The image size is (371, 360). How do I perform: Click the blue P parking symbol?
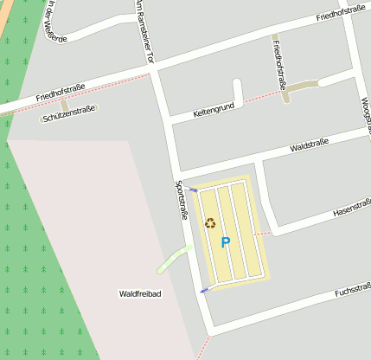(x=225, y=243)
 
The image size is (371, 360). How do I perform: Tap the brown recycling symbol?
(x=210, y=223)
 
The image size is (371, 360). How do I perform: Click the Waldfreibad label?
(x=140, y=294)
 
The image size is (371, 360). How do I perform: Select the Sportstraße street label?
(x=182, y=200)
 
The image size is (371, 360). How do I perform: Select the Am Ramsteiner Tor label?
(x=144, y=32)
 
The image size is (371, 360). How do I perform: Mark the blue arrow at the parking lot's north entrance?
(x=194, y=190)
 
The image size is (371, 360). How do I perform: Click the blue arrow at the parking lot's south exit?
(x=204, y=290)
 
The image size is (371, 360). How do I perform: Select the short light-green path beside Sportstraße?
(x=174, y=258)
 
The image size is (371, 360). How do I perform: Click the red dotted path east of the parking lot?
(x=263, y=233)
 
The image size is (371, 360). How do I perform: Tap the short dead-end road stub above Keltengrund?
(x=237, y=91)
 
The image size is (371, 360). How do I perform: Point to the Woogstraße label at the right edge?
(x=365, y=115)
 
